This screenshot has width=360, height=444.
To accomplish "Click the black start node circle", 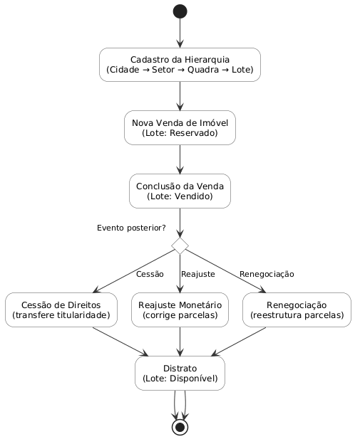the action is coord(180,11).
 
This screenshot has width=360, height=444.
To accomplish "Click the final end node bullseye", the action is coord(180,427).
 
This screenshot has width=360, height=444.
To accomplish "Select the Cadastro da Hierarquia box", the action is coord(180,65).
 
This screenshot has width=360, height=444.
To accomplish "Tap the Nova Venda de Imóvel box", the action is coord(180,127).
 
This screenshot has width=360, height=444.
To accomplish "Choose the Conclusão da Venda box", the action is coord(180,191).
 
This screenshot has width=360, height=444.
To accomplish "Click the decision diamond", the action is coord(180,245).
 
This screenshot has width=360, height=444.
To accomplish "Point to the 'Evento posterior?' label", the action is coord(131,228).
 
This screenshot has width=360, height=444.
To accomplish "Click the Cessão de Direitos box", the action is coord(61,310).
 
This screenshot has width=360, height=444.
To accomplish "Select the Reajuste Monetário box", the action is coord(180,310).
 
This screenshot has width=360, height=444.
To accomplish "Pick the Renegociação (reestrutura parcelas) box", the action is coord(297,310).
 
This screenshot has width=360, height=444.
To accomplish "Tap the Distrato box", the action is coord(180,374).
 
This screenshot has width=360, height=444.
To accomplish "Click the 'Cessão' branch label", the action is coord(150,274).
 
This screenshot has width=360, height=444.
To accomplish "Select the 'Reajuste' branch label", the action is coord(198,274).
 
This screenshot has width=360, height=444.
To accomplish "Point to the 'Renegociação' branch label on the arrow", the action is coord(267,274).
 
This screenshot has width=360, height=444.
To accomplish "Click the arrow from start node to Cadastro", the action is coord(180,33).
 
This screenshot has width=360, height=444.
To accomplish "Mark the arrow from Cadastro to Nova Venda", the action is coord(180,96).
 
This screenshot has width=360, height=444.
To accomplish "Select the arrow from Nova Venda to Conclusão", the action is coord(180,159).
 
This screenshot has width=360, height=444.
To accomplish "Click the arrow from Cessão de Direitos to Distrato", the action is coord(120,342).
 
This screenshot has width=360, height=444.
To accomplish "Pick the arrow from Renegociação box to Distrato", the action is coord(239,342).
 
